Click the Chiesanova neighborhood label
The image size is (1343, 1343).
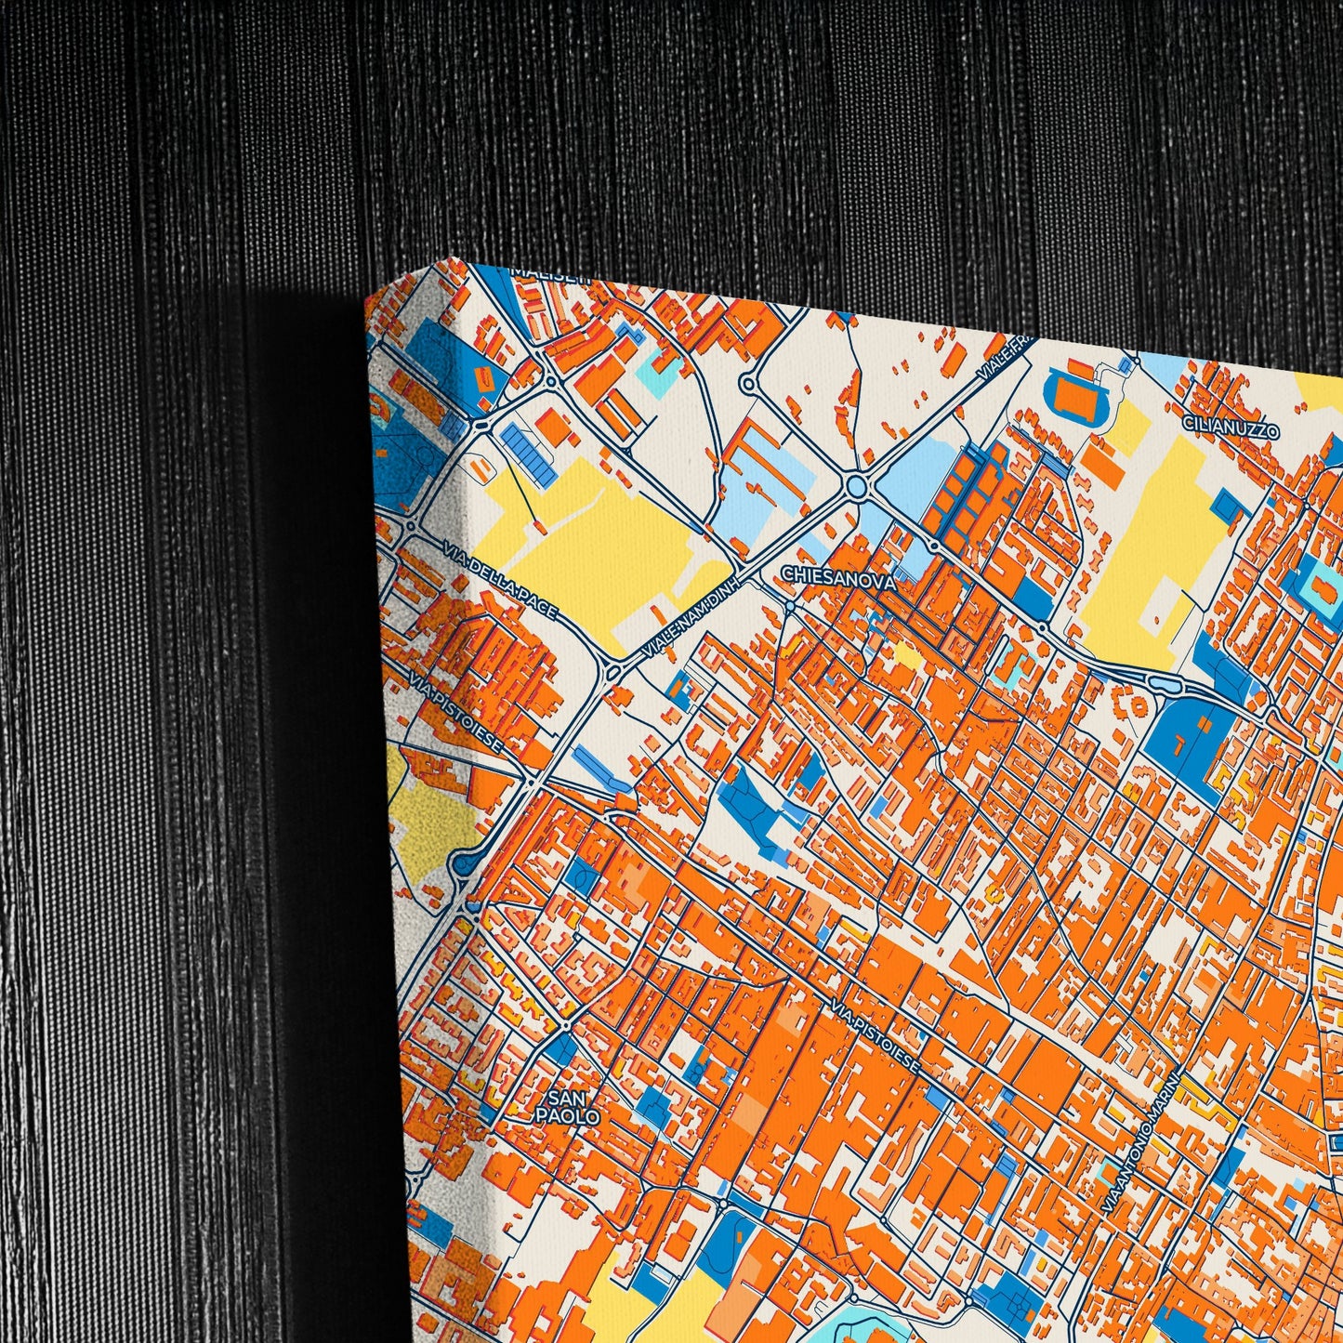[x=839, y=578]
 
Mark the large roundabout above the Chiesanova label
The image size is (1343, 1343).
[x=856, y=486]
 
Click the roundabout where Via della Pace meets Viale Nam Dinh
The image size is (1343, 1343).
[x=612, y=671]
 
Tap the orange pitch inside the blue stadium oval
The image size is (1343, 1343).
[x=1077, y=398]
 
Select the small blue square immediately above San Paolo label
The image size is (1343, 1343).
[x=560, y=1049]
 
